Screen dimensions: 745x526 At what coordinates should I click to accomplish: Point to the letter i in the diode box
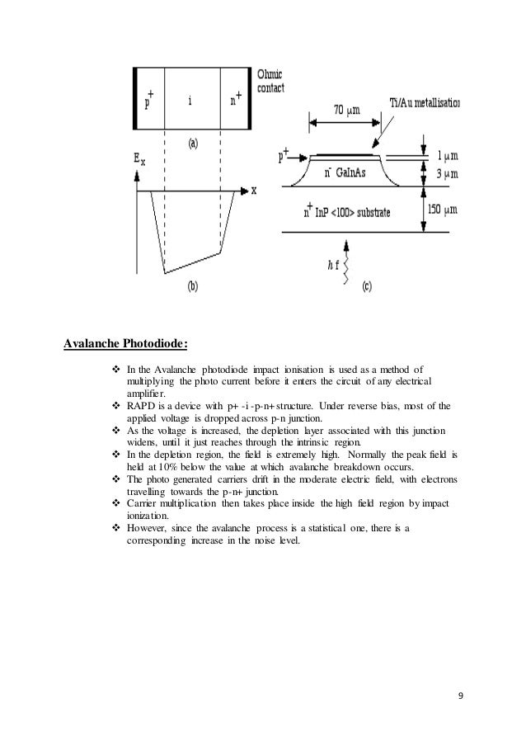click(190, 101)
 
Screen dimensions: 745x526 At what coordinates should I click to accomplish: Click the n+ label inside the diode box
click(235, 101)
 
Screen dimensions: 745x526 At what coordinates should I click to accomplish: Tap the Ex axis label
click(139, 158)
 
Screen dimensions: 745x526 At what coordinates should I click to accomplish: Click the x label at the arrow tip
click(254, 190)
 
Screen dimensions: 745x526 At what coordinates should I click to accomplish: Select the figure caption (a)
click(191, 143)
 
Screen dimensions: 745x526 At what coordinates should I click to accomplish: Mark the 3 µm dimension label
click(447, 174)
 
